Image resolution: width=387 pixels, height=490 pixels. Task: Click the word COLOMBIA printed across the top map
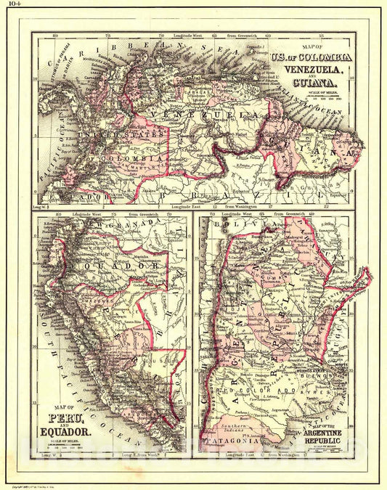pos(131,158)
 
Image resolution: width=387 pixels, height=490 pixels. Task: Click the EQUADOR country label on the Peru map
pos(116,268)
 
